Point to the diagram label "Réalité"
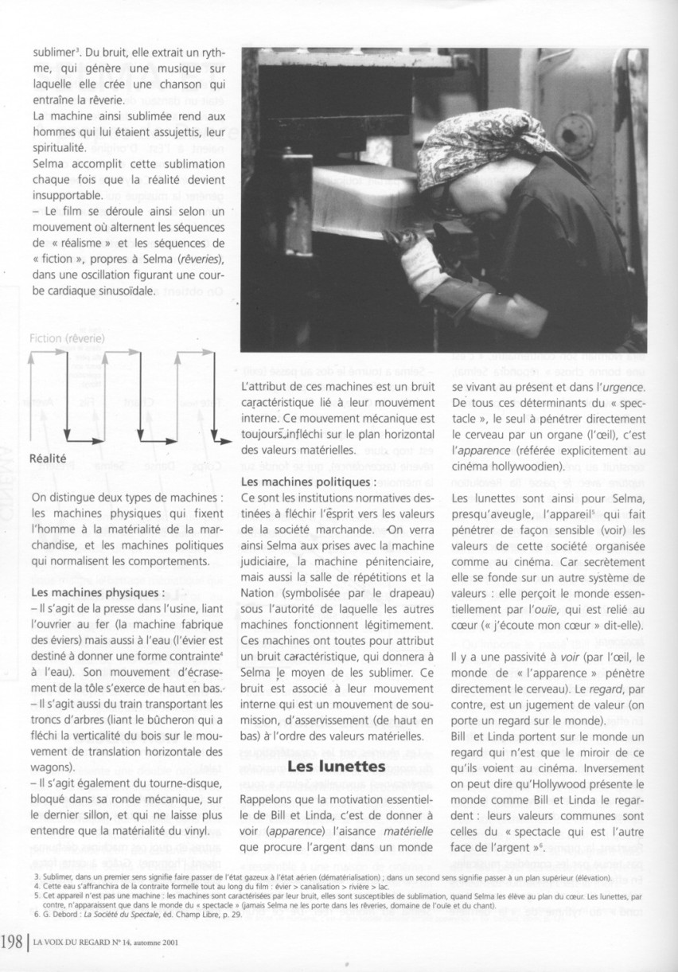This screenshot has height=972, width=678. [x=47, y=458]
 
